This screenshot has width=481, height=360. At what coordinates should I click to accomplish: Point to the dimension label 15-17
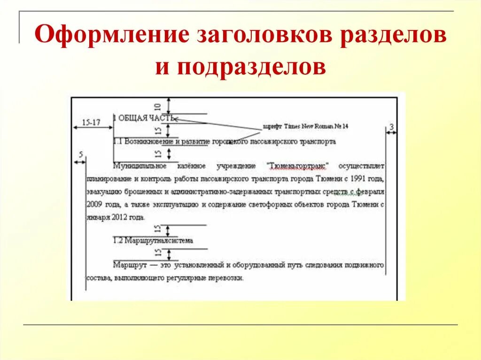91,123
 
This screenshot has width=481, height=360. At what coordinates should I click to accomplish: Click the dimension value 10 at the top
158,106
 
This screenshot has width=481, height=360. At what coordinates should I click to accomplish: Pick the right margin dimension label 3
391,127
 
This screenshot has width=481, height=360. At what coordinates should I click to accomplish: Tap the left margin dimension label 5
81,155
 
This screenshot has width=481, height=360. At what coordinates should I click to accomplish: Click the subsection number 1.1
118,141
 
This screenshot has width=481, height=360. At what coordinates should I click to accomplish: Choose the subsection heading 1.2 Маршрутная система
153,240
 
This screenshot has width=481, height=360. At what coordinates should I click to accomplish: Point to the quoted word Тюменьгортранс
298,166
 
